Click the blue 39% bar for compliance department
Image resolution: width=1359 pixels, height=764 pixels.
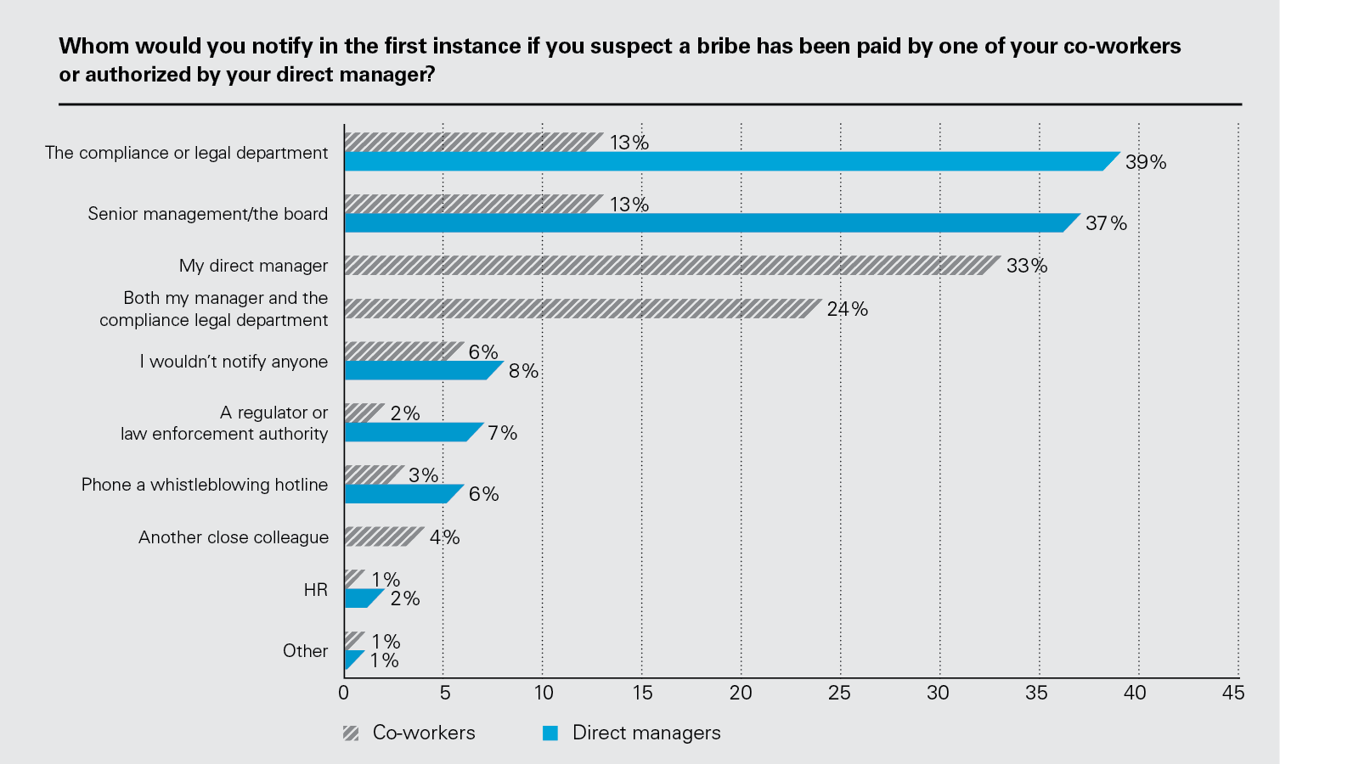(730, 161)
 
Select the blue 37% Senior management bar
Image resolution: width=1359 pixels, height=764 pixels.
(710, 223)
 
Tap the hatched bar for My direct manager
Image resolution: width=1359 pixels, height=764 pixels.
(671, 265)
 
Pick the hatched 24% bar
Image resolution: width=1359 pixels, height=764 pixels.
(582, 308)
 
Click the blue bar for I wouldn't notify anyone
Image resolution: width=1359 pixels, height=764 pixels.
(420, 371)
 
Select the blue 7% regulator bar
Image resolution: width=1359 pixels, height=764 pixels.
(411, 432)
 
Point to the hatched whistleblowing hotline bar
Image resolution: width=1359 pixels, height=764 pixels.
(373, 475)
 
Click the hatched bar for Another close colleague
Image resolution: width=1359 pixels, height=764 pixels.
(382, 536)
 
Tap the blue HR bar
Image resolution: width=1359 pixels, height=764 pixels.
(361, 598)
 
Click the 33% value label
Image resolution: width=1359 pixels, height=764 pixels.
(1027, 266)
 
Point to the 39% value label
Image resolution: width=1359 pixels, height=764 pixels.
(1146, 162)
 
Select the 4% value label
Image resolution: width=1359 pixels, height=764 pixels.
(444, 537)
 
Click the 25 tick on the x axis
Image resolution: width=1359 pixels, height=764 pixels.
(839, 693)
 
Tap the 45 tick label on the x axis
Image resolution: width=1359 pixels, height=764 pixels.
(1233, 693)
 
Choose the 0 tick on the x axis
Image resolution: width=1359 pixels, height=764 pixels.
(343, 693)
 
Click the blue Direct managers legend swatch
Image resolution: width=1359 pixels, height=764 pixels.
(550, 733)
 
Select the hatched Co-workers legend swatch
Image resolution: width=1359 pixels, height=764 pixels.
(351, 733)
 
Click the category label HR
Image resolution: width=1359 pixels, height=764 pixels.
(315, 590)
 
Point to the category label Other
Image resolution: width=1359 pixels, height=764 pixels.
(305, 651)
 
